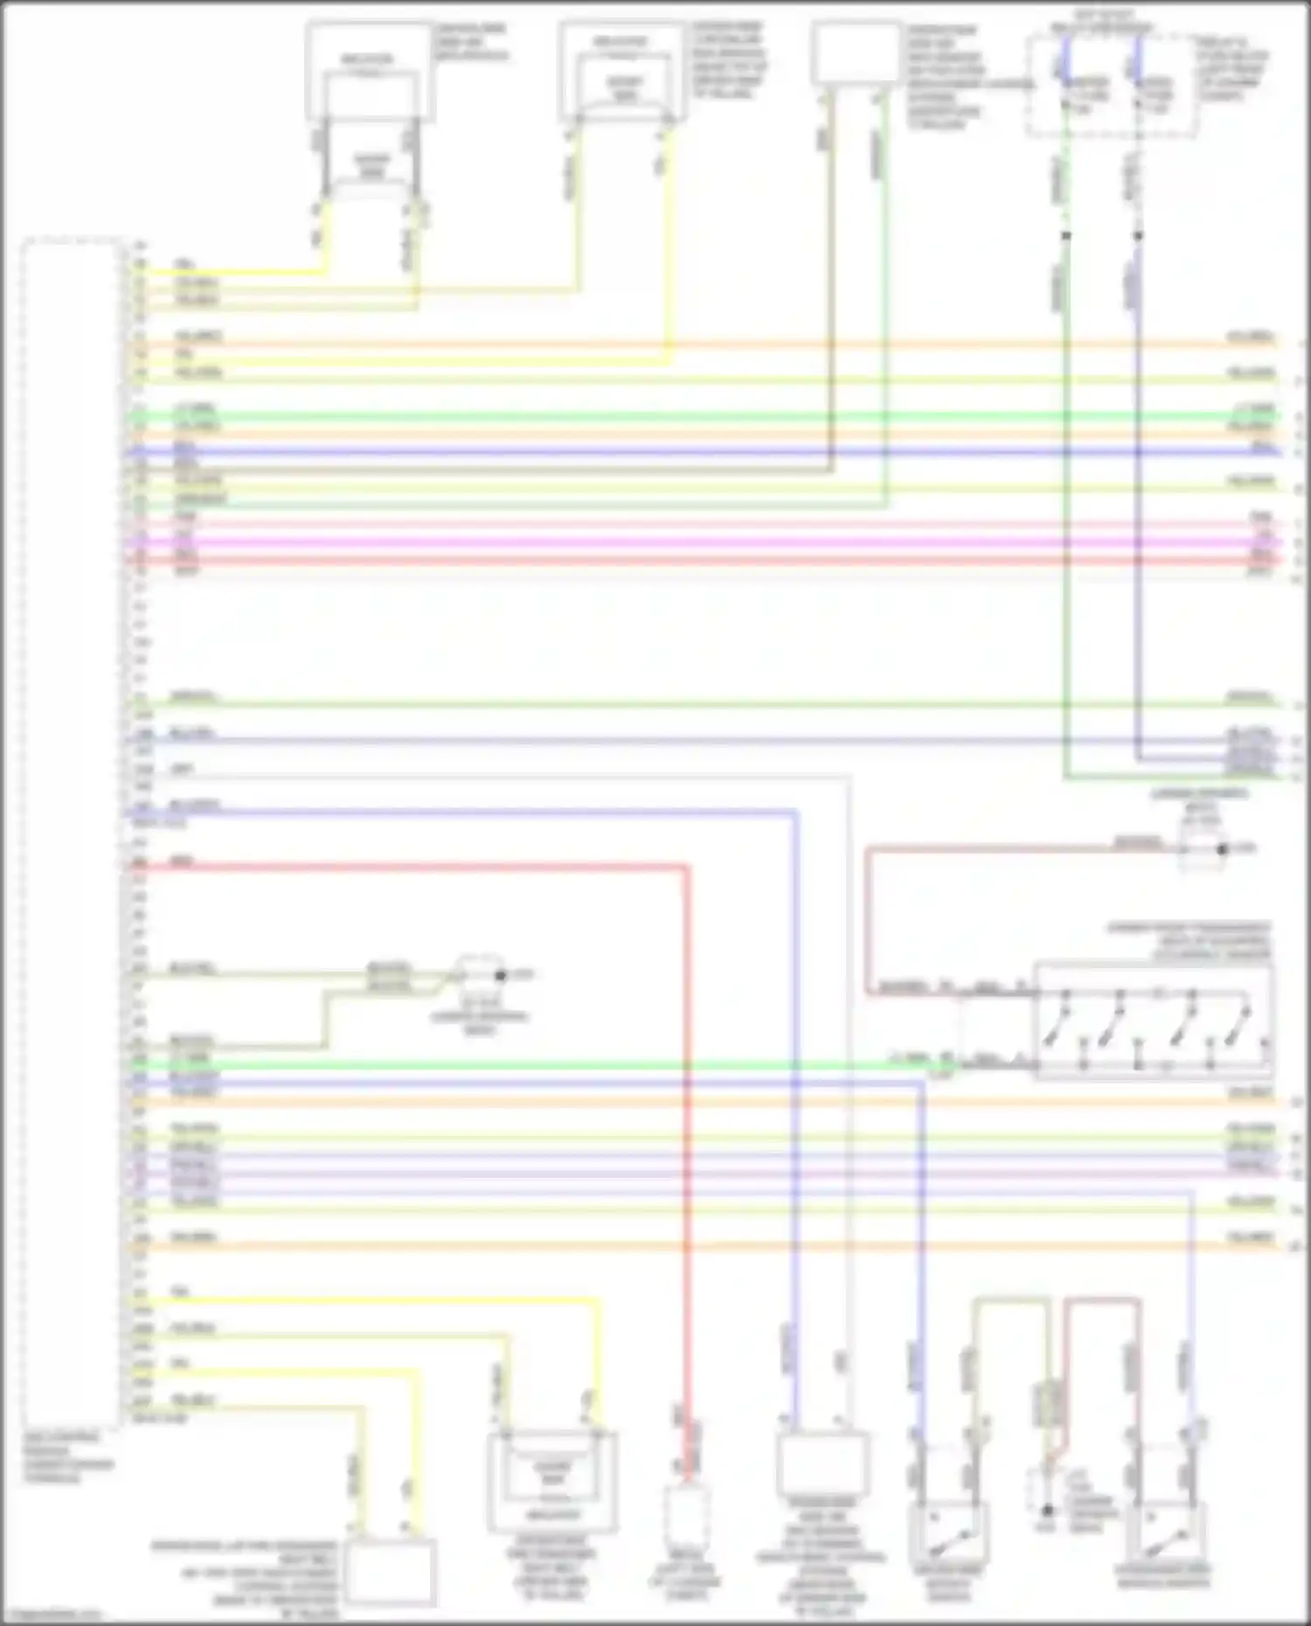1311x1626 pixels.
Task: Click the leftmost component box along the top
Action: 371,72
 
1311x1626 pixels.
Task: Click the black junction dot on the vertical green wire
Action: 1065,236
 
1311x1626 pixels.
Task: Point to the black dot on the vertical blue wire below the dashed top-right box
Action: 1137,236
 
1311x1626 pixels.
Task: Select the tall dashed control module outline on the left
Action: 72,830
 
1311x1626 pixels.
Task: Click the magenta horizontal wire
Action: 699,542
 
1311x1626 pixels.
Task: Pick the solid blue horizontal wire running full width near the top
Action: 699,451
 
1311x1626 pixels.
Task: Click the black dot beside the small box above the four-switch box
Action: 1223,848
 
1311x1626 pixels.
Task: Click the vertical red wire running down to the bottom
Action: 687,1136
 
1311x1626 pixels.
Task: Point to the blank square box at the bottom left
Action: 390,1574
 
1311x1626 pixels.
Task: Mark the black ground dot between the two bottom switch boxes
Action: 1047,1509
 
